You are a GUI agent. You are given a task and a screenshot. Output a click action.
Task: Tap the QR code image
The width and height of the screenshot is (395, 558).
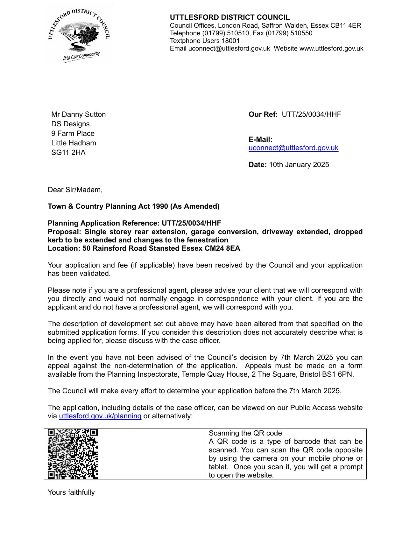(73, 454)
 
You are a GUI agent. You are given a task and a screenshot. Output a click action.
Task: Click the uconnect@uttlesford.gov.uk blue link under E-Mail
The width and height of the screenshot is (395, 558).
(293, 148)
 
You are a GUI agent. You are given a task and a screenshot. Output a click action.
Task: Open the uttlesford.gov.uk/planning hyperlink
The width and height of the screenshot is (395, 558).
(100, 416)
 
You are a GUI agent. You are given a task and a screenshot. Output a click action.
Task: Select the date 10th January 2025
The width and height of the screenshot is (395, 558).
(299, 165)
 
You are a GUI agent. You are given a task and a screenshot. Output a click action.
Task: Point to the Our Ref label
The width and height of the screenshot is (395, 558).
(263, 115)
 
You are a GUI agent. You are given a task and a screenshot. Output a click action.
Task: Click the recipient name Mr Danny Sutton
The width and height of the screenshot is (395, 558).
(78, 115)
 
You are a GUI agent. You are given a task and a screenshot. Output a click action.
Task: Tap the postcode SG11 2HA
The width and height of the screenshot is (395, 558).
(68, 153)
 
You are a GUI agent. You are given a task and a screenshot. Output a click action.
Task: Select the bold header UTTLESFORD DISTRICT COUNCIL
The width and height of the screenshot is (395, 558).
(229, 17)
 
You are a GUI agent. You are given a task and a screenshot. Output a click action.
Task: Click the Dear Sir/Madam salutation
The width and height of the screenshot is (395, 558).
(75, 190)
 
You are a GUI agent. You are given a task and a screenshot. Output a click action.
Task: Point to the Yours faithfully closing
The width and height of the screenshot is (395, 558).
(71, 492)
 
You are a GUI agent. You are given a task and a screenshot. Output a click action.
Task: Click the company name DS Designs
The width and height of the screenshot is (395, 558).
(70, 124)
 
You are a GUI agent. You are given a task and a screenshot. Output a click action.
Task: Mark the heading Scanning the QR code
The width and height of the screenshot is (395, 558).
(245, 433)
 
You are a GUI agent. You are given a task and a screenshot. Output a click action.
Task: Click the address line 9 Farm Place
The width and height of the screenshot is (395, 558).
(73, 134)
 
